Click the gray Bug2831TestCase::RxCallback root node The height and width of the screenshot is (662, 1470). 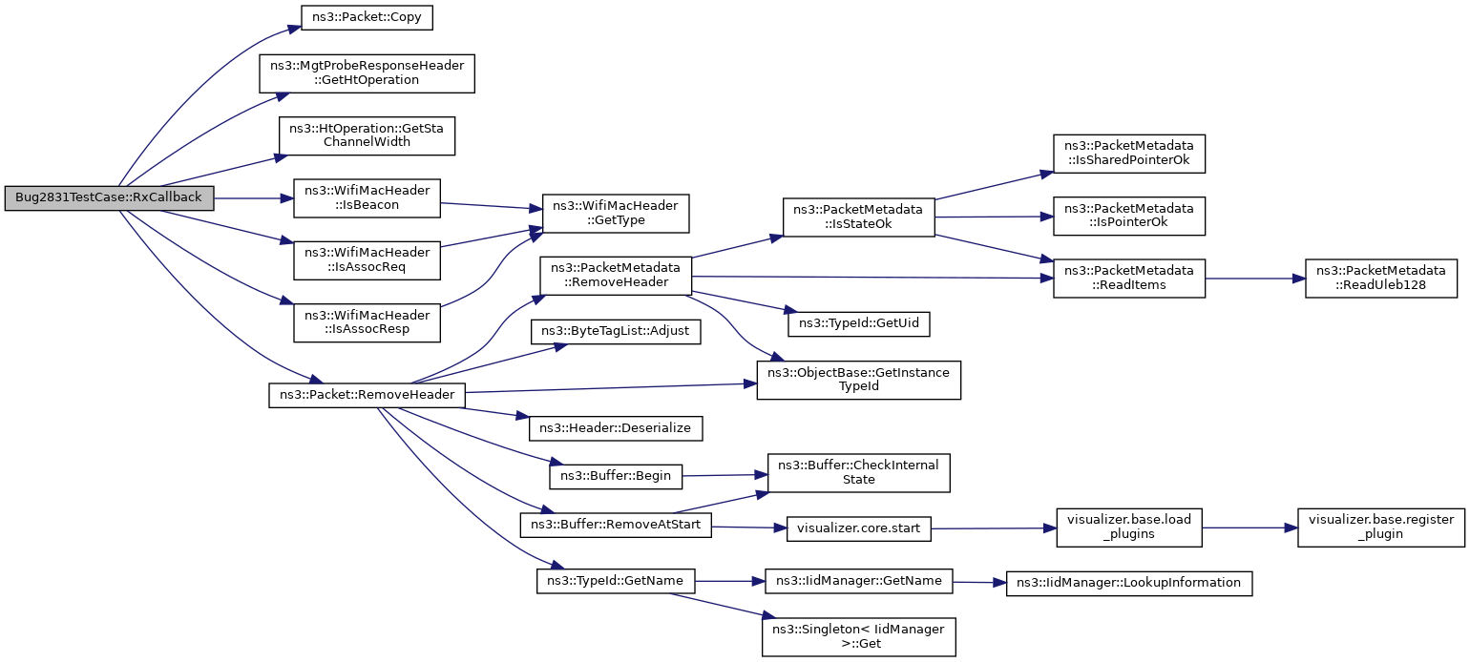point(109,198)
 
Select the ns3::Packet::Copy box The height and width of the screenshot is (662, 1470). point(367,17)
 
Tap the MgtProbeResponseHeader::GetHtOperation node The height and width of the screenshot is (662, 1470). point(367,73)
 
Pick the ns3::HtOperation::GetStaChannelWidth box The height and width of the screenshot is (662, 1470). point(367,135)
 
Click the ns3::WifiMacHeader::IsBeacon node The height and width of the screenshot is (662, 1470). point(367,198)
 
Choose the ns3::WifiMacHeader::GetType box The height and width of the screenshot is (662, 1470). point(615,214)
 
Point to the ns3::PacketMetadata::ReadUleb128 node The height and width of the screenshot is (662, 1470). point(1380,279)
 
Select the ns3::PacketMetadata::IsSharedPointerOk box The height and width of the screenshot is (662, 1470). point(1128,154)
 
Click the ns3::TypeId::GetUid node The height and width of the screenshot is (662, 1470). point(858,324)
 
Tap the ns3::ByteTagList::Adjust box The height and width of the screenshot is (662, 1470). point(616,331)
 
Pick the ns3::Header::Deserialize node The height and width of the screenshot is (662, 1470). point(616,428)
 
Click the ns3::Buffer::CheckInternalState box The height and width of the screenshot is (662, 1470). point(858,472)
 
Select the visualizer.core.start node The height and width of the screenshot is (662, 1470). point(858,528)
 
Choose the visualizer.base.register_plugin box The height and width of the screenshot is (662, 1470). point(1380,528)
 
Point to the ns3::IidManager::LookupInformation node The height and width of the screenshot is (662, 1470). point(1128,583)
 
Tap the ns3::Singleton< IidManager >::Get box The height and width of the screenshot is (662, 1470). point(858,637)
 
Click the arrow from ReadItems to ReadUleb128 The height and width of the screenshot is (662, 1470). point(1254,279)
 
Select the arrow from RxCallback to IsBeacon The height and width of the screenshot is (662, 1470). point(253,198)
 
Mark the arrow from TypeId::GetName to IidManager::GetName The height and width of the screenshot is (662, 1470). point(729,581)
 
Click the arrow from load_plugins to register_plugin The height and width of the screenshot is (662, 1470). point(1249,528)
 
